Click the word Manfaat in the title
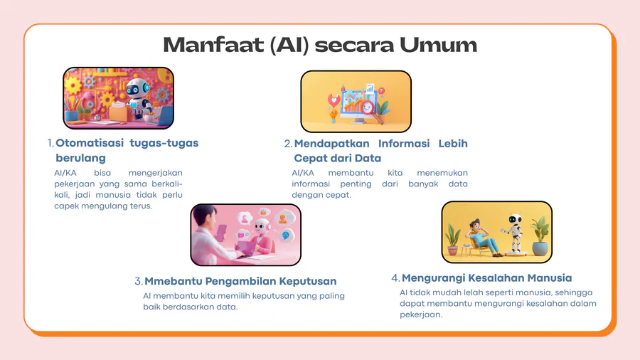[213, 45]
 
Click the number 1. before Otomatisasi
[50, 143]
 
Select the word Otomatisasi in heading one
[90, 143]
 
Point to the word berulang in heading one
[81, 158]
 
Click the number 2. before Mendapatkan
[288, 144]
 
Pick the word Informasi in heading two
[404, 144]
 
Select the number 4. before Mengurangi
[395, 278]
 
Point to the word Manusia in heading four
[550, 278]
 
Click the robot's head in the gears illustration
[137, 88]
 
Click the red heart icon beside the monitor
[334, 100]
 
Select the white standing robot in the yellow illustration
[514, 233]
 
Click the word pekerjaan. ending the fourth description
[421, 314]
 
